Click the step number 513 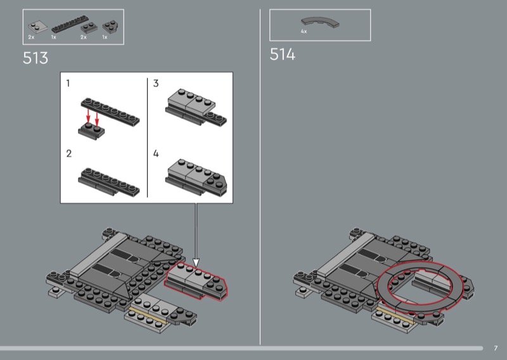(35, 58)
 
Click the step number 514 (282, 55)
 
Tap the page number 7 (496, 348)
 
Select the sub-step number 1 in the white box (68, 84)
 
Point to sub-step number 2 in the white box (68, 153)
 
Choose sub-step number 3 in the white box (156, 84)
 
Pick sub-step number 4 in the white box (156, 153)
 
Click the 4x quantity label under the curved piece (304, 32)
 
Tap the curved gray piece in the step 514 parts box (320, 22)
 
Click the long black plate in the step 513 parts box (70, 24)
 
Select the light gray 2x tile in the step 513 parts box (37, 27)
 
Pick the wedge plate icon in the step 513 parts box (110, 27)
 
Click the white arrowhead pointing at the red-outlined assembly (196, 262)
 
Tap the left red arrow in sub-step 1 (88, 116)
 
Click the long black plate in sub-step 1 (110, 112)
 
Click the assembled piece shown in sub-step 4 (196, 178)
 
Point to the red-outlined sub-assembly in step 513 (196, 281)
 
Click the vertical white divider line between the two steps (260, 177)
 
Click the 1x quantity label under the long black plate (54, 37)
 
